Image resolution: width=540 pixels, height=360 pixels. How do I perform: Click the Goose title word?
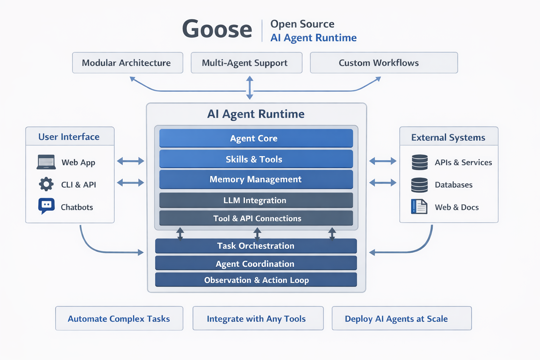(217, 29)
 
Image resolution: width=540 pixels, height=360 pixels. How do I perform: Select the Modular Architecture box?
(127, 63)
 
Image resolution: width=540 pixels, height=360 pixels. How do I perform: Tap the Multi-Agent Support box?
(246, 63)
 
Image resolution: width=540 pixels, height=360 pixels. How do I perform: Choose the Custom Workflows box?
(384, 63)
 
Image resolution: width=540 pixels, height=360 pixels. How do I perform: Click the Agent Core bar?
(256, 138)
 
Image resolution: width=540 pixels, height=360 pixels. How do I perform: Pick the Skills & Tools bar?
(256, 159)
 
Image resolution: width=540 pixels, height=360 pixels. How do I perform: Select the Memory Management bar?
(256, 179)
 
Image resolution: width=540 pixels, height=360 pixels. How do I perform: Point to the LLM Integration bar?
(256, 200)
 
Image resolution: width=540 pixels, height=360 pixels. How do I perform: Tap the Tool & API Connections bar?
(256, 218)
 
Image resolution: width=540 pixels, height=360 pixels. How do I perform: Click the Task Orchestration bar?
(256, 246)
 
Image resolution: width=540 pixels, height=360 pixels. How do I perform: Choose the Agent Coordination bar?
(256, 263)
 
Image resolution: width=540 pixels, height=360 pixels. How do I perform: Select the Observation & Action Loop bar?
(256, 280)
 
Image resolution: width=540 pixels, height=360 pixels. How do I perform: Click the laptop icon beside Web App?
(46, 162)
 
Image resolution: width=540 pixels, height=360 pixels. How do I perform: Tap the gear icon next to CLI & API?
(46, 184)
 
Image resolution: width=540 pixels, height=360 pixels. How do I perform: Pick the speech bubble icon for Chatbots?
(46, 206)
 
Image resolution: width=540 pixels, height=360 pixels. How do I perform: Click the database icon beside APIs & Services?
(419, 162)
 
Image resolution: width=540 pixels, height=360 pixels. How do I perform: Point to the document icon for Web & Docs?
(419, 207)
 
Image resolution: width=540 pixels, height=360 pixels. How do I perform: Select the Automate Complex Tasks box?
(119, 319)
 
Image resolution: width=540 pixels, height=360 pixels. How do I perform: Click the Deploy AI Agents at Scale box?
(401, 319)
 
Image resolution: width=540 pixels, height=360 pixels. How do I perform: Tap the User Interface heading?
(69, 137)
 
